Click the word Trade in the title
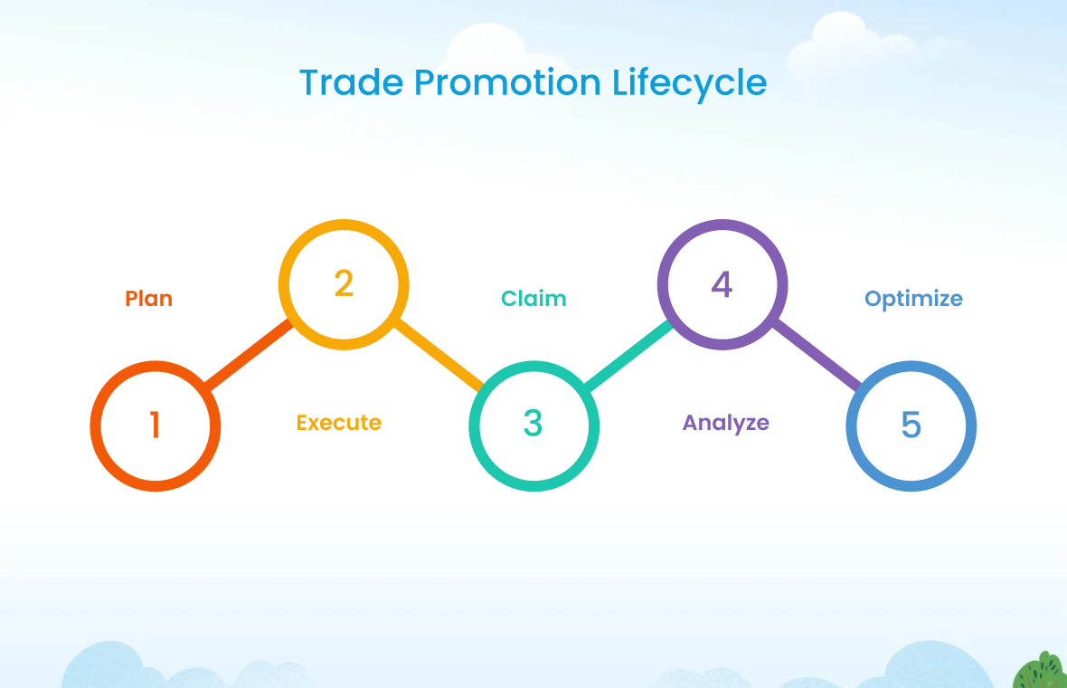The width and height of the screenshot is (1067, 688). click(x=352, y=82)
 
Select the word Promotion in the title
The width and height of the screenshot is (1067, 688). click(x=507, y=82)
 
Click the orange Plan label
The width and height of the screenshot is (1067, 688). click(x=149, y=299)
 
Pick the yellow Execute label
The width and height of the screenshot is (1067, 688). click(x=339, y=423)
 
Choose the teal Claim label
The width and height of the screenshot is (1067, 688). click(x=533, y=299)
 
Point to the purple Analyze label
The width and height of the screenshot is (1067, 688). click(x=726, y=423)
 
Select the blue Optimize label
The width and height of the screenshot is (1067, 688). click(x=913, y=299)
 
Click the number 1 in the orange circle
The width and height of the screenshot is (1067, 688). click(x=156, y=425)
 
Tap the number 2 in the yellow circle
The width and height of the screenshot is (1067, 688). click(x=344, y=282)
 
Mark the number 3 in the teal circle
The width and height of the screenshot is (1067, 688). click(x=533, y=423)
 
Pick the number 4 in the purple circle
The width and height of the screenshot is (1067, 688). click(x=722, y=284)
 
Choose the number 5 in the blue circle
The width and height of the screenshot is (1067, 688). click(x=911, y=425)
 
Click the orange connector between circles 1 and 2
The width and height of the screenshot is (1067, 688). click(x=249, y=354)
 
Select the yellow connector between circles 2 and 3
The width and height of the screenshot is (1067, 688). click(x=439, y=355)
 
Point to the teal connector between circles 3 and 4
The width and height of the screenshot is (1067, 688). click(x=628, y=355)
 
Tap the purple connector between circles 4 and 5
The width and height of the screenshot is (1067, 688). click(x=817, y=355)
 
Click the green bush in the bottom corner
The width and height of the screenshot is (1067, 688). click(x=1041, y=671)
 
